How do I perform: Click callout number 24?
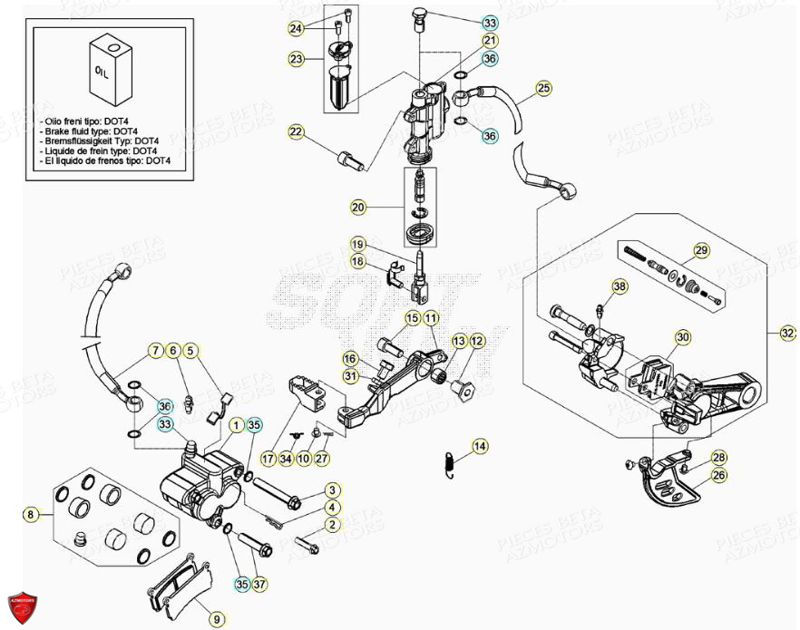tap(296, 29)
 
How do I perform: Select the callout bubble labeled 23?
tap(296, 59)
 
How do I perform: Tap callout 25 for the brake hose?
tap(543, 88)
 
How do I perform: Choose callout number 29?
tap(701, 250)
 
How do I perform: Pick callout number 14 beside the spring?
tap(480, 446)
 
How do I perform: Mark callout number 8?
tap(31, 515)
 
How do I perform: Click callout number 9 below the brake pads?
tap(216, 618)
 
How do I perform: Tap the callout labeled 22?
tap(296, 132)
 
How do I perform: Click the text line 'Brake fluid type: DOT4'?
tap(100, 131)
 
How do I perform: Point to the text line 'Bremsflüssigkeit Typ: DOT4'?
tap(101, 141)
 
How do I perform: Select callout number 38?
tap(619, 286)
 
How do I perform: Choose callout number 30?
tap(682, 336)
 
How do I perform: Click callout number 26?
tap(718, 474)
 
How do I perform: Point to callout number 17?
tap(268, 459)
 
